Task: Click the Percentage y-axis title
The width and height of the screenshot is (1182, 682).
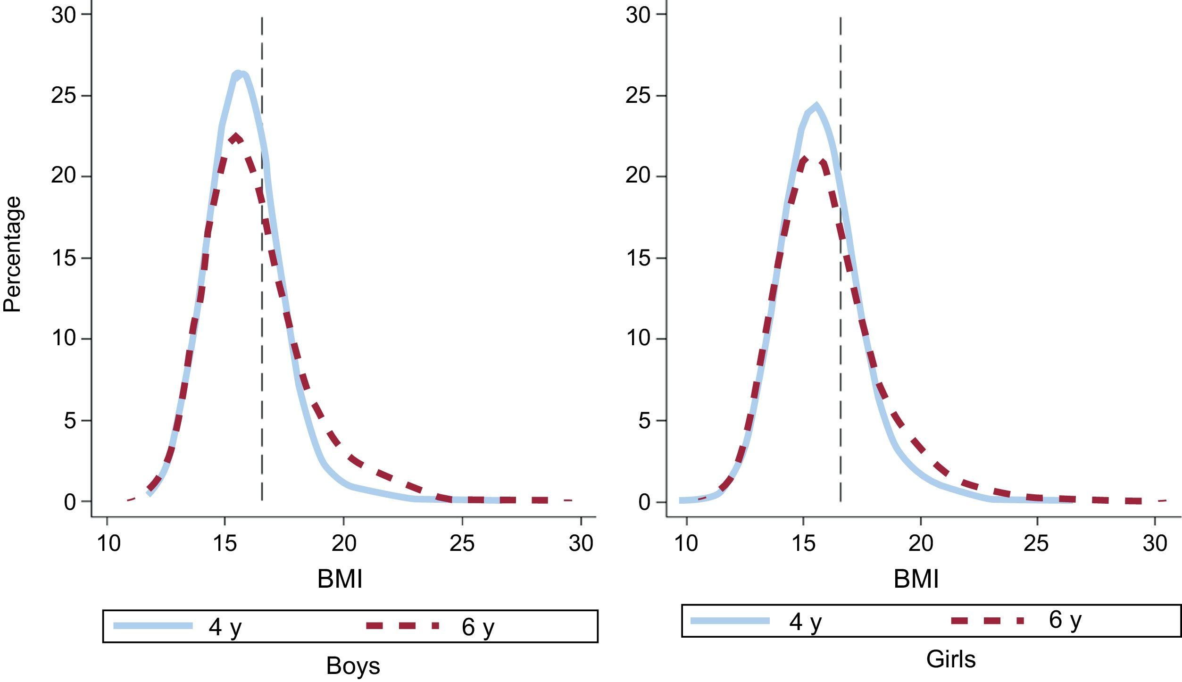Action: pyautogui.click(x=13, y=254)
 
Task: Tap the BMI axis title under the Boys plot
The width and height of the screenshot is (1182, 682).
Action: pyautogui.click(x=340, y=579)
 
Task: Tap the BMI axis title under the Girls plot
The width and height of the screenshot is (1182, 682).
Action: pyautogui.click(x=916, y=579)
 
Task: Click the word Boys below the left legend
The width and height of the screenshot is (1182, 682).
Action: pyautogui.click(x=353, y=665)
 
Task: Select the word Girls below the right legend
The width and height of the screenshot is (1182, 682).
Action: pyautogui.click(x=950, y=659)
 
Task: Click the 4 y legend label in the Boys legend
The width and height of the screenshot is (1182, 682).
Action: pyautogui.click(x=225, y=627)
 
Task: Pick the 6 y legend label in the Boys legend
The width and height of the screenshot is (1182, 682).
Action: pyautogui.click(x=478, y=627)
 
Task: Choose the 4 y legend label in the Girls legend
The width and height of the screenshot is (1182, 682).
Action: pyautogui.click(x=805, y=621)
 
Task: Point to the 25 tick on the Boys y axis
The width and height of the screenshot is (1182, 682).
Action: pyautogui.click(x=63, y=96)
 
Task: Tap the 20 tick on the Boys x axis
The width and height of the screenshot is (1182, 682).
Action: pyautogui.click(x=343, y=544)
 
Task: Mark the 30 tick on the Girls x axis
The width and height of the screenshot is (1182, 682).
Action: pyautogui.click(x=1155, y=544)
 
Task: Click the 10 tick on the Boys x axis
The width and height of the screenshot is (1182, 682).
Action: pyautogui.click(x=108, y=544)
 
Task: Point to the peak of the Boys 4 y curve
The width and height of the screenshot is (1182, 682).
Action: pyautogui.click(x=239, y=74)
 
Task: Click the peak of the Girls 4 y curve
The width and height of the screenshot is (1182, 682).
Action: pyautogui.click(x=816, y=106)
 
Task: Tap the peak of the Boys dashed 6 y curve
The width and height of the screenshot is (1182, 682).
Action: pyautogui.click(x=235, y=137)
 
